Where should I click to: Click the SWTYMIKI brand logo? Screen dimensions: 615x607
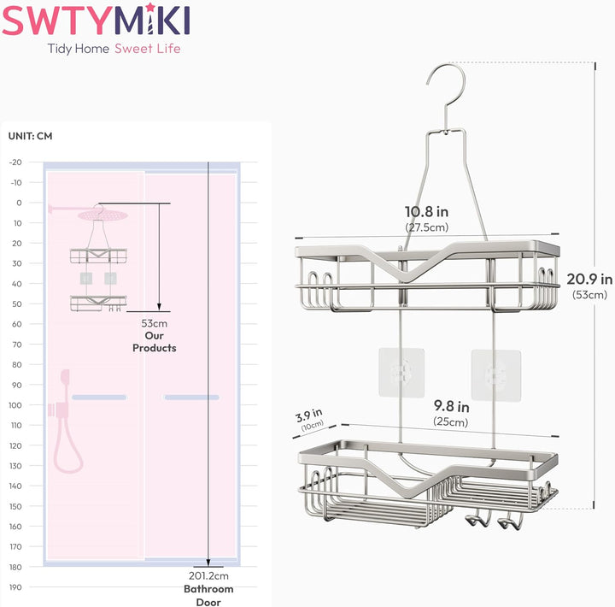pos(96,20)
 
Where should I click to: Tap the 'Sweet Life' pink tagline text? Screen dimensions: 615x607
pos(148,49)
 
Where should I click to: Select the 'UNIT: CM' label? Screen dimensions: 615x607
pos(30,136)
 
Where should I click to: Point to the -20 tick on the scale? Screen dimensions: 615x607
pos(15,162)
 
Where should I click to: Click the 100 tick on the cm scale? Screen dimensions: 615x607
pos(15,404)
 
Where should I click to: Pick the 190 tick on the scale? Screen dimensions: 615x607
pos(15,587)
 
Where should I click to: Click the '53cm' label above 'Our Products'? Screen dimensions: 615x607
pos(154,323)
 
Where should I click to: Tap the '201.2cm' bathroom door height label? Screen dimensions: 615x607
pos(208,576)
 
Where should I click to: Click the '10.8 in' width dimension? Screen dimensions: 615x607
pos(427,212)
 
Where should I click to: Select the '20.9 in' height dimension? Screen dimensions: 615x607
pos(589,280)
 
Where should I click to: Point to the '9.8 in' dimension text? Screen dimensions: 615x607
pos(452,406)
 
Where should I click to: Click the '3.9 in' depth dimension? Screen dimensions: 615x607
pos(308,415)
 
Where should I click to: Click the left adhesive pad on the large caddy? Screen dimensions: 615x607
pos(401,373)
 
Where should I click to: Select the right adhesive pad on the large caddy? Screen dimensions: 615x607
pos(496,375)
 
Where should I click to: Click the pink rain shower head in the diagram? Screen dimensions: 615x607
pos(102,215)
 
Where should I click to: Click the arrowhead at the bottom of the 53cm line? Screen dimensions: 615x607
pos(159,307)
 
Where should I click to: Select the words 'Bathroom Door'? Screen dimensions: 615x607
pos(208,595)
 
